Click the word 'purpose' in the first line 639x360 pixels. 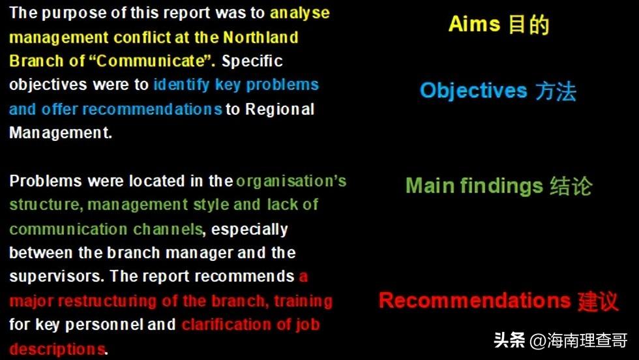[74, 14]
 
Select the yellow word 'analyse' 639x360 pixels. [300, 14]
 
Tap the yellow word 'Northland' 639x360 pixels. [260, 37]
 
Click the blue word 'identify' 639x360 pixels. [181, 85]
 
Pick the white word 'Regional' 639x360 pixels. [280, 110]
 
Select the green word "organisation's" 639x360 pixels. [291, 181]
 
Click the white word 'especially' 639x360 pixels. [249, 230]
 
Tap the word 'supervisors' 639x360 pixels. [55, 277]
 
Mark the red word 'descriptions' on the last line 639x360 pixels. [57, 349]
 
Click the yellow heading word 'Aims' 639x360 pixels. [474, 23]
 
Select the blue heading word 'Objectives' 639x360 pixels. [473, 91]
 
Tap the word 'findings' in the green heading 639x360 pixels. [501, 187]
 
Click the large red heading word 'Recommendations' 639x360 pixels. [475, 301]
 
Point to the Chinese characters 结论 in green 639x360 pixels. [571, 187]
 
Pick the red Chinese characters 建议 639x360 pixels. [599, 301]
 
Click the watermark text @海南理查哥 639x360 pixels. [578, 340]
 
